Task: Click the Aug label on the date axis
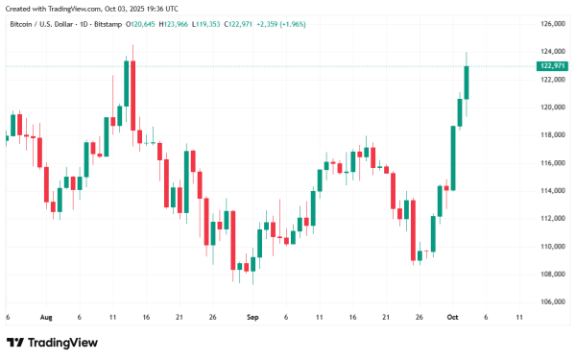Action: [45, 315]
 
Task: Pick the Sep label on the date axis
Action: [252, 315]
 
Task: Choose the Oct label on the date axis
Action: [453, 315]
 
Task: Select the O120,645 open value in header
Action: [132, 23]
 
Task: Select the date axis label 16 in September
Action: [353, 315]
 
